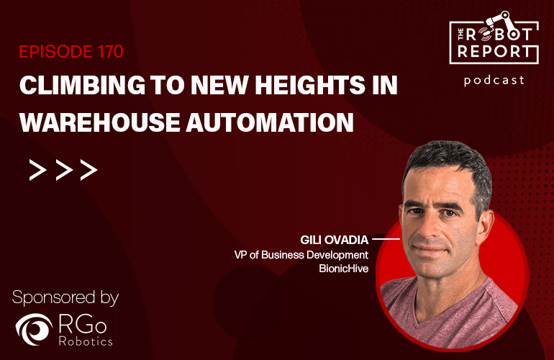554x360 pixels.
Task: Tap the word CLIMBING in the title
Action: tap(82, 85)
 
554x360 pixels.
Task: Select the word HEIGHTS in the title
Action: tap(310, 85)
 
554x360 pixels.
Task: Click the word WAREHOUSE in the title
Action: tap(100, 122)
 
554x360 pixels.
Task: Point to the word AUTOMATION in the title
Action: tap(270, 122)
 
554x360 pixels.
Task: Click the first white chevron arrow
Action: tap(37, 170)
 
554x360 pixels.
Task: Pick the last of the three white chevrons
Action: tap(88, 170)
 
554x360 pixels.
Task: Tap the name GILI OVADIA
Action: tap(335, 240)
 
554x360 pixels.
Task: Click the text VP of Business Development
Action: tap(301, 255)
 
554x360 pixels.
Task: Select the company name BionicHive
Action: tap(344, 269)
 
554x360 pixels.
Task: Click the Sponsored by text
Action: tap(65, 298)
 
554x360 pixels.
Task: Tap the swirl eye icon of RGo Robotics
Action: tap(34, 329)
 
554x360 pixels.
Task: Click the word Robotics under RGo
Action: tap(86, 341)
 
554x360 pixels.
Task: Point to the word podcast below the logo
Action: tap(494, 81)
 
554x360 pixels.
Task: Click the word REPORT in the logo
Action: tap(494, 52)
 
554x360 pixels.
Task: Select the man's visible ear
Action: tap(485, 225)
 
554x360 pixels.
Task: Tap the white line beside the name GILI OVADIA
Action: tap(386, 240)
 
